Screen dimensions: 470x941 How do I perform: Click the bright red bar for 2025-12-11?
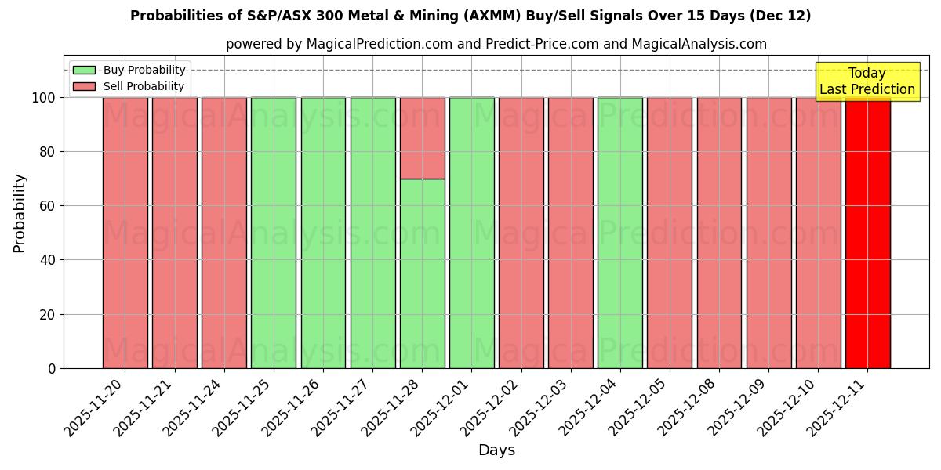867,233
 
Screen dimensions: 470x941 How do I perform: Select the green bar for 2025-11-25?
274,233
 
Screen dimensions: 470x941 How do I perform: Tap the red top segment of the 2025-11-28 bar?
422,138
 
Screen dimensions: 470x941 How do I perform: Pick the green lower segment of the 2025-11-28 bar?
422,273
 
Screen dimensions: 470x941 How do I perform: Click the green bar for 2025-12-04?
620,233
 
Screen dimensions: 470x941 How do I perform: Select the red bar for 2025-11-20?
125,233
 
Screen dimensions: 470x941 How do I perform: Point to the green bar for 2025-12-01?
471,233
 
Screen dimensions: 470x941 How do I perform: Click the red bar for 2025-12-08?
719,233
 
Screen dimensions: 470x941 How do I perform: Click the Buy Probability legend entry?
129,70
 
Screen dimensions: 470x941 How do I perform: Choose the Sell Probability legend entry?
129,86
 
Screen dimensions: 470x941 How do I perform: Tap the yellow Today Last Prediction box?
867,81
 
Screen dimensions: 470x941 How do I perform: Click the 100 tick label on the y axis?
43,98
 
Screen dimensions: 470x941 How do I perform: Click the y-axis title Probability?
20,212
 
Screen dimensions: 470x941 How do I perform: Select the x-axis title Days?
496,450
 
